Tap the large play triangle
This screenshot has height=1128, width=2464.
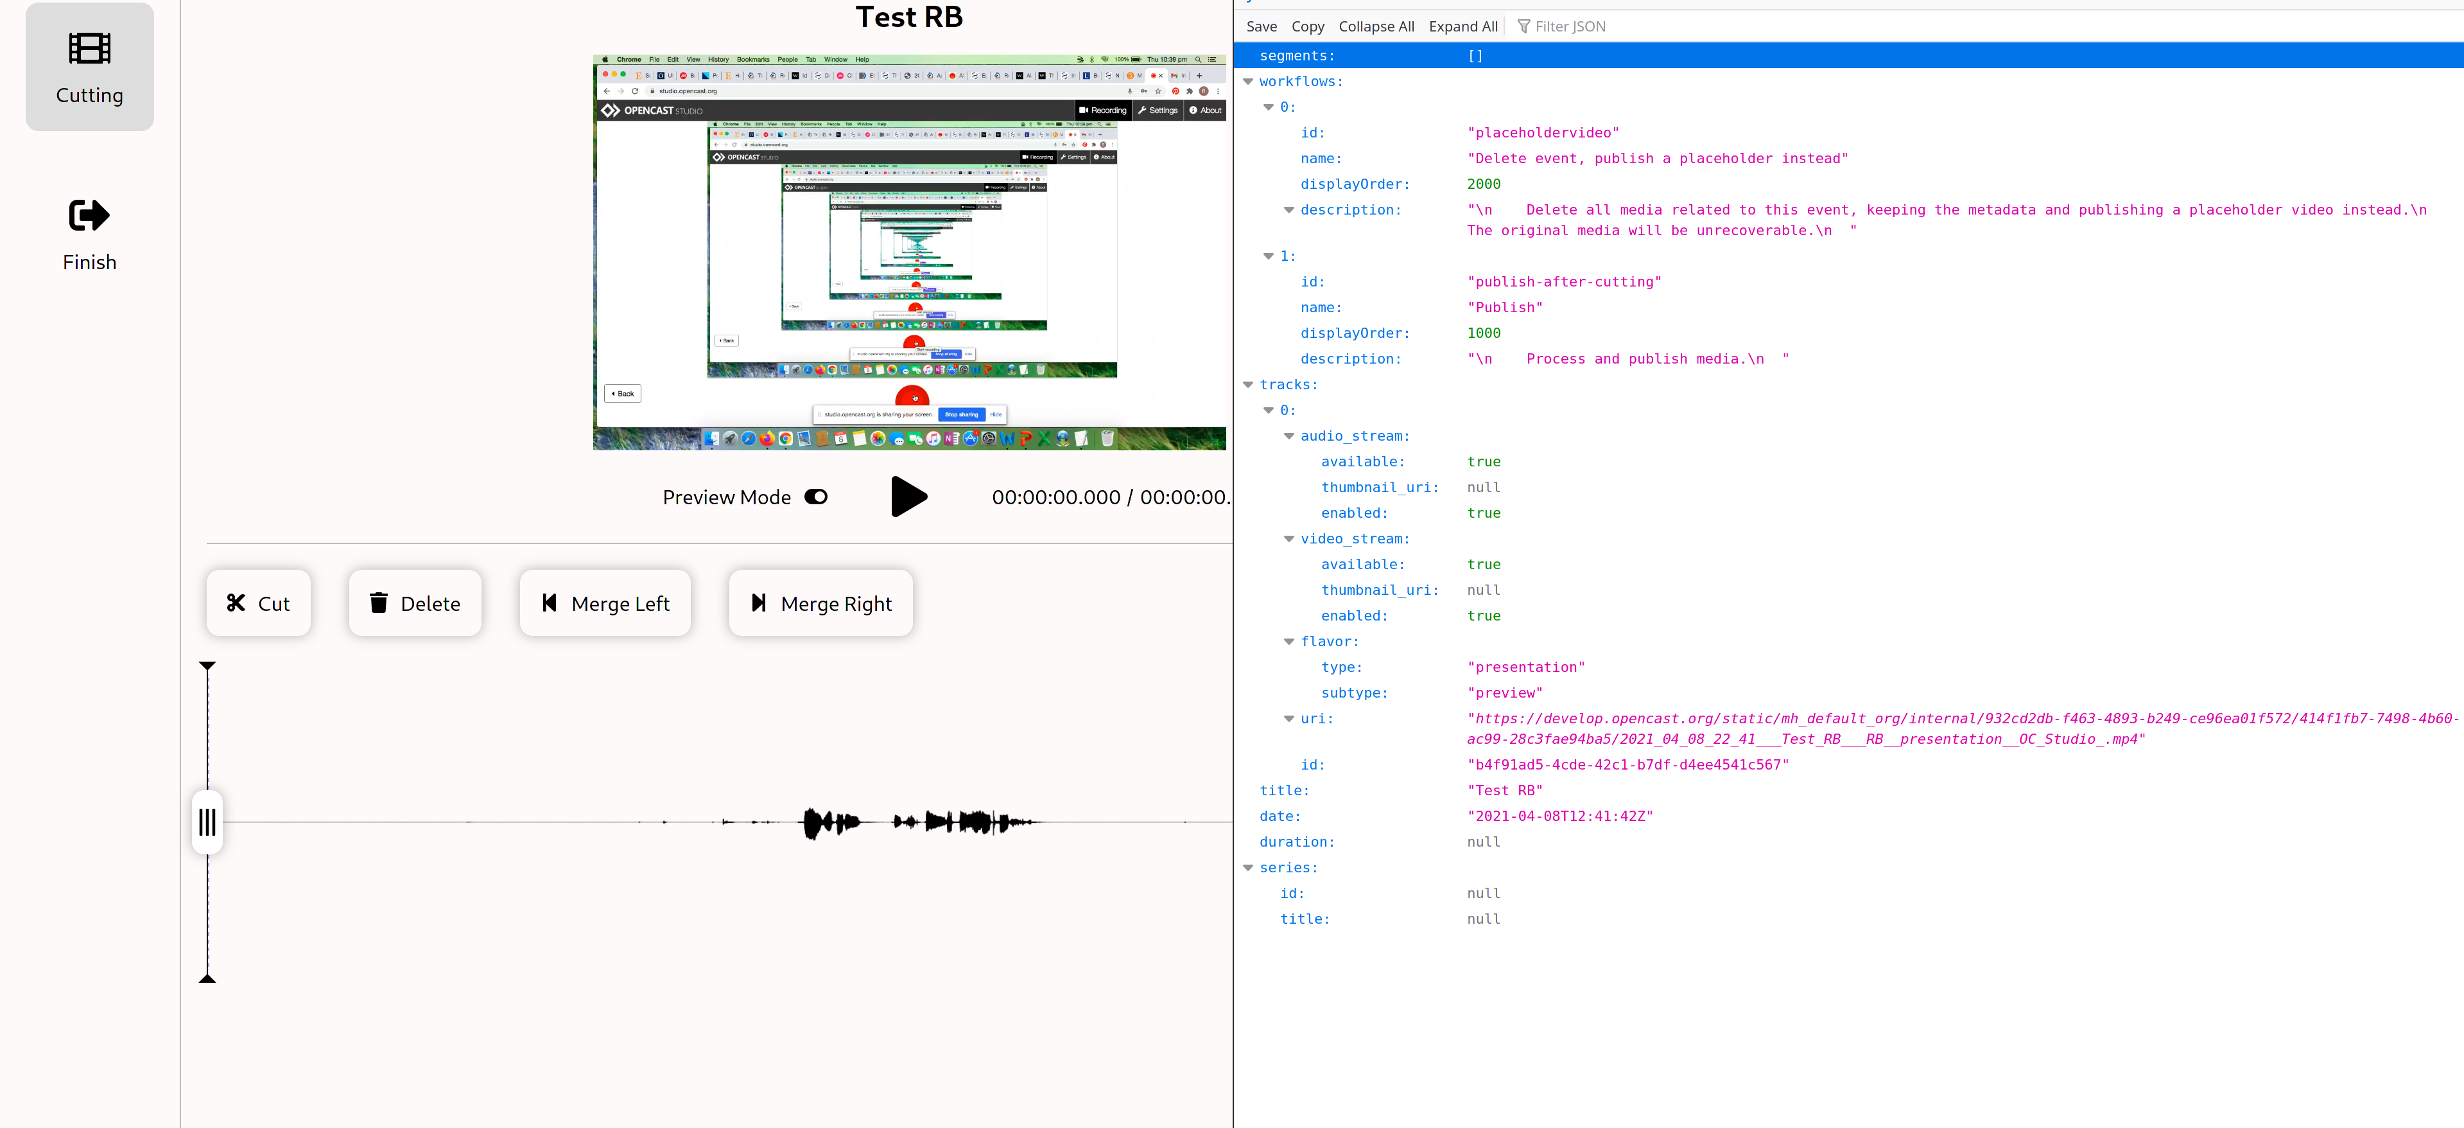908,497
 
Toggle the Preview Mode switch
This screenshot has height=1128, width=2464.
816,497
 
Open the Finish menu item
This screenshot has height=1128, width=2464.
89,234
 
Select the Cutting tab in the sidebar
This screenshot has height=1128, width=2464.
89,67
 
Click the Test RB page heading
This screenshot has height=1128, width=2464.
908,17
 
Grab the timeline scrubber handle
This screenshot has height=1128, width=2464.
207,821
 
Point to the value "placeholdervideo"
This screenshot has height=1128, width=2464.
1543,133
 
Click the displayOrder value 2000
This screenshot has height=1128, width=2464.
1484,184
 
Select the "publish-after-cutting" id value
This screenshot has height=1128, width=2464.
1564,282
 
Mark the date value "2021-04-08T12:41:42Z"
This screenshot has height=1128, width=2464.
1560,816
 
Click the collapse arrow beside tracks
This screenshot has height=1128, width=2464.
1248,385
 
